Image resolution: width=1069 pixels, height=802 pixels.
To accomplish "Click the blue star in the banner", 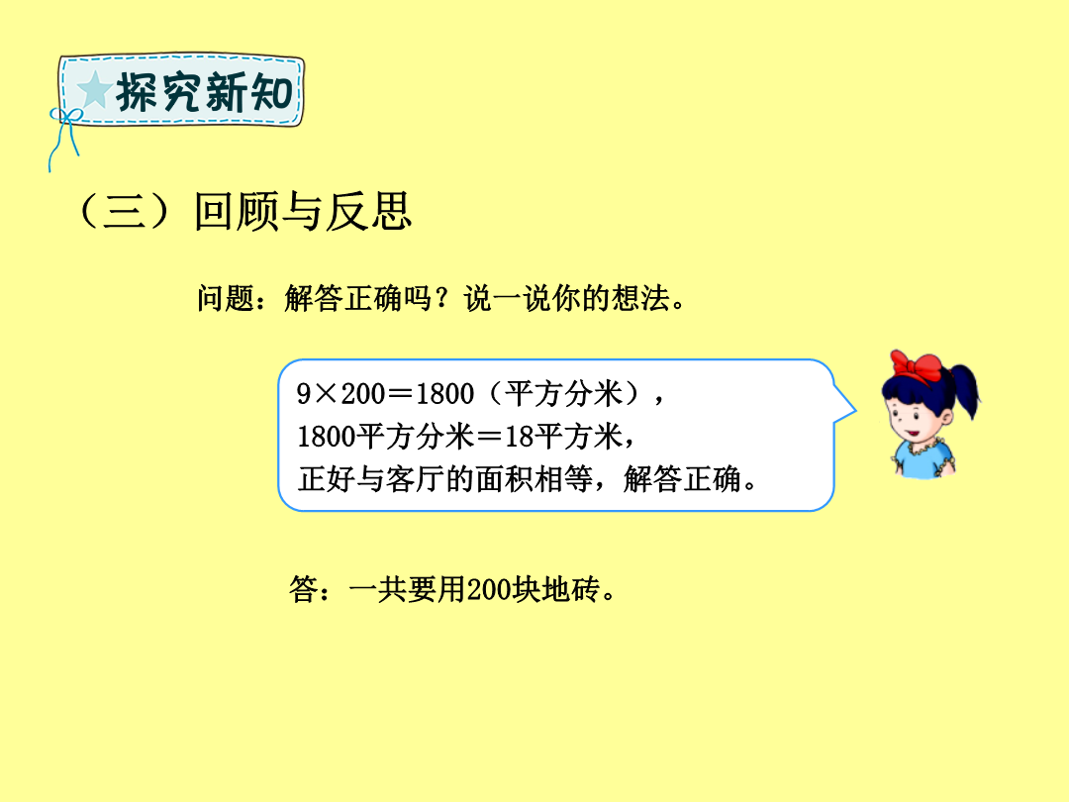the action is pos(95,90).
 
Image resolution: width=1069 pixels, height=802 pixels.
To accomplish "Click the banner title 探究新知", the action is pos(204,92).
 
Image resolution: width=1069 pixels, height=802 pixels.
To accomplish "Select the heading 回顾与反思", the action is pos(303,211).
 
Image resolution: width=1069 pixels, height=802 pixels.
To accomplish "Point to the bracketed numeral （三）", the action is pos(124,211).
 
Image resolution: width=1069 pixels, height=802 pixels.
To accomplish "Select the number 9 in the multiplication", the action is pos(304,393).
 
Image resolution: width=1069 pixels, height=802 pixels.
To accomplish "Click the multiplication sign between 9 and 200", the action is pos(326,394).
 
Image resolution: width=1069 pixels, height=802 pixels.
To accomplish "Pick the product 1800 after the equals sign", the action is pos(444,393).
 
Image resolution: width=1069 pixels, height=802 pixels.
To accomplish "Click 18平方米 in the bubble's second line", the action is pos(563,437).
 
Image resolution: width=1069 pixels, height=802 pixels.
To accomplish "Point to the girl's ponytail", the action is pos(965,389).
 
